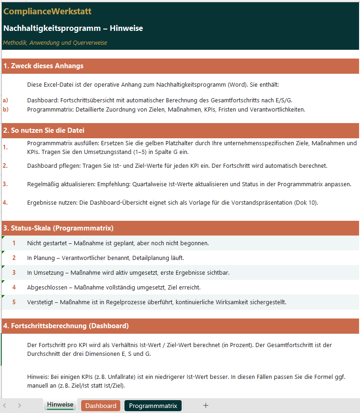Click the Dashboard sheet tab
click(100, 406)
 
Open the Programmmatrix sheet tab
click(153, 406)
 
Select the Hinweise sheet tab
click(60, 405)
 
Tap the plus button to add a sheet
click(206, 406)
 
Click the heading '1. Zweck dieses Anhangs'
click(43, 66)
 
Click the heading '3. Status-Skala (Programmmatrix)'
click(58, 228)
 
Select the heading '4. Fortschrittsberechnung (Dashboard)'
click(66, 326)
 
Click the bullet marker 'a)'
click(6, 100)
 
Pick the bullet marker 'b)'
click(6, 109)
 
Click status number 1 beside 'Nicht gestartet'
click(14, 243)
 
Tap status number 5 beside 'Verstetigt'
click(14, 302)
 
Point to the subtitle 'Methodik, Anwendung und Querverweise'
click(55, 43)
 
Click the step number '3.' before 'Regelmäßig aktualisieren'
click(6, 184)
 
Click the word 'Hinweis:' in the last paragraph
click(38, 377)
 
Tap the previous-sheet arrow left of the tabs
click(5, 406)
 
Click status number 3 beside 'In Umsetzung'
click(14, 272)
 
